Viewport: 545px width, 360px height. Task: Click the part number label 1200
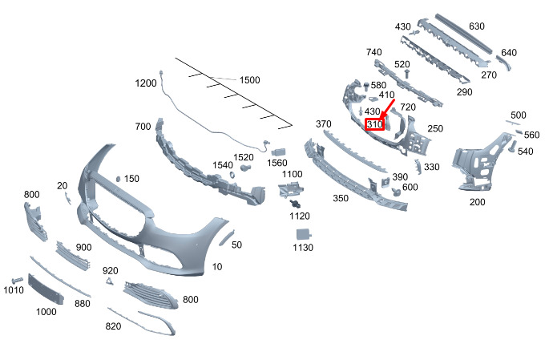(x=146, y=83)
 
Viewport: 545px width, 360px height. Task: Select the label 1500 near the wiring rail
(x=250, y=80)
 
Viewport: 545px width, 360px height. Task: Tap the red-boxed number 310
(x=374, y=124)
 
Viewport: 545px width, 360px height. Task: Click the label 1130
(x=302, y=248)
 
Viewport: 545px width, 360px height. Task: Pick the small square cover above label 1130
(x=304, y=233)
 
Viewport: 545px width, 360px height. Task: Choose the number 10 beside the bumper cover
(x=217, y=266)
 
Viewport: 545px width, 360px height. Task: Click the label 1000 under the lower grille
(x=46, y=311)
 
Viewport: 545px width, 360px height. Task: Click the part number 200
(x=477, y=202)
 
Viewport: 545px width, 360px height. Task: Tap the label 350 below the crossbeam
(x=340, y=197)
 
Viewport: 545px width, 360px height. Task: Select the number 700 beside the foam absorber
(x=143, y=127)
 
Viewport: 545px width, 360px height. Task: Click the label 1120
(x=299, y=216)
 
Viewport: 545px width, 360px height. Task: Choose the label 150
(x=131, y=178)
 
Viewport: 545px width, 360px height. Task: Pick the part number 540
(x=525, y=152)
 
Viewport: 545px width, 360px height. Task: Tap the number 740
(x=373, y=52)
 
